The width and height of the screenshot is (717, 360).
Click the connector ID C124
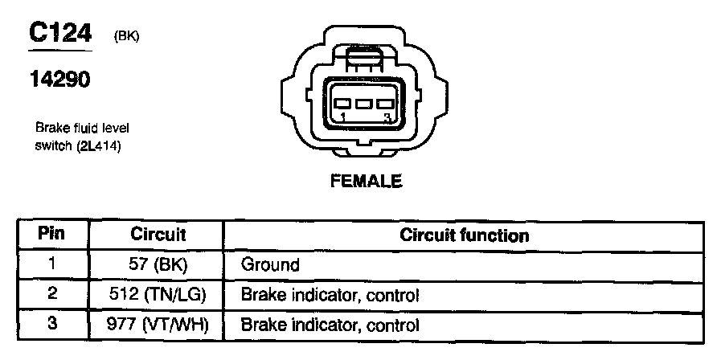click(61, 33)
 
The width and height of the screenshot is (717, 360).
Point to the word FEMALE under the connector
click(366, 182)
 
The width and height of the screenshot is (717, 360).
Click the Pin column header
click(51, 235)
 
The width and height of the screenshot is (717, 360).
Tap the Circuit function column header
click(464, 235)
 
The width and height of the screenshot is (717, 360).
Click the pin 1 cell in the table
click(51, 264)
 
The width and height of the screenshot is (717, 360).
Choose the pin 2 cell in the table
click(51, 294)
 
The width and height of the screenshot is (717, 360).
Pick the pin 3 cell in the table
click(51, 325)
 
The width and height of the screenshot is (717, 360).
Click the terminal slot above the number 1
click(344, 104)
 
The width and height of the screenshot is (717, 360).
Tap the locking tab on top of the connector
click(366, 59)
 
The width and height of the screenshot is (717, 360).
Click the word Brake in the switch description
click(49, 129)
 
